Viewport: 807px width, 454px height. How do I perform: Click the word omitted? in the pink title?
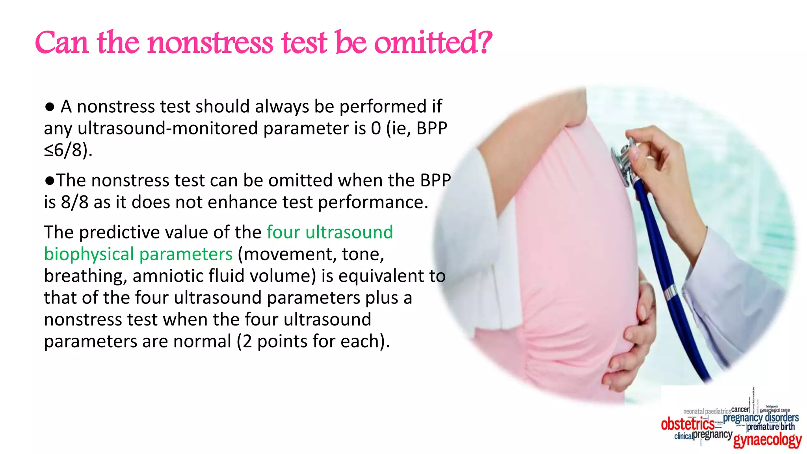pos(433,43)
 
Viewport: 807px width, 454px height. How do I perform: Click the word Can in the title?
pos(61,43)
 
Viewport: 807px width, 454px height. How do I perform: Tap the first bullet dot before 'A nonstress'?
pos(50,107)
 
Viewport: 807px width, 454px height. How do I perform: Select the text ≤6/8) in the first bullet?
pos(68,150)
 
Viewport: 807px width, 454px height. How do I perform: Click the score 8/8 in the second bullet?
pos(74,202)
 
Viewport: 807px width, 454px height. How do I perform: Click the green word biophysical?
pos(89,254)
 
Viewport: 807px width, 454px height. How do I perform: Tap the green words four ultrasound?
pos(330,232)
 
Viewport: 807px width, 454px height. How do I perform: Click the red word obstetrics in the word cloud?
pos(688,424)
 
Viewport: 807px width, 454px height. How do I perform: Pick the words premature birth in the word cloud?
pos(771,427)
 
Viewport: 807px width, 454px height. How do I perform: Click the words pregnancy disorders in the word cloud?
pos(761,417)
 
